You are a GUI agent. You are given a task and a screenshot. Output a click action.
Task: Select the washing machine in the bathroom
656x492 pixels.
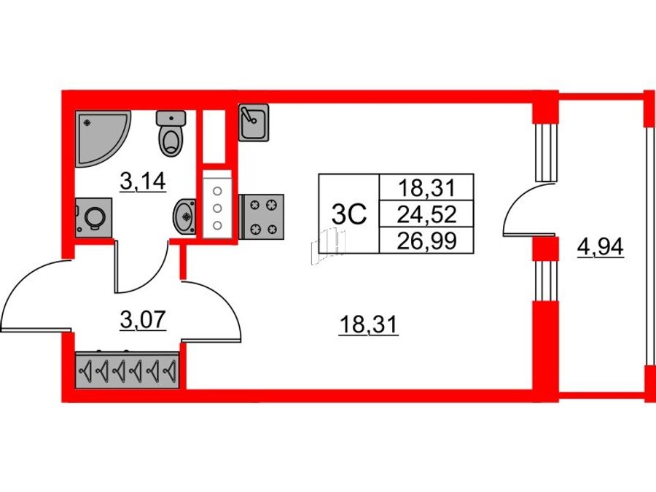coord(94,217)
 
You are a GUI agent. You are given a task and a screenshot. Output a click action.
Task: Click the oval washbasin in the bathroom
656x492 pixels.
coord(184,216)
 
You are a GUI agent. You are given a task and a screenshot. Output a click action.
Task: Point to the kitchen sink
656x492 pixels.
coord(254,122)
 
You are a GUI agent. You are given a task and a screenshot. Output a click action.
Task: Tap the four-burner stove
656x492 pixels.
coord(262,216)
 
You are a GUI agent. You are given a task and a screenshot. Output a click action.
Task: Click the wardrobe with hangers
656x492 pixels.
coord(128,370)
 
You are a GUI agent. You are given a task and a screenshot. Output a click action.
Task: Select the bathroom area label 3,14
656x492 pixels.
coord(143,181)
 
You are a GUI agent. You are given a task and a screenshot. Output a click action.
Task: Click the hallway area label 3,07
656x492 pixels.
coord(143,320)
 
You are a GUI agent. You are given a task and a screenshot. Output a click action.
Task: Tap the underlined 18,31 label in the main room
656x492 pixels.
coord(368,324)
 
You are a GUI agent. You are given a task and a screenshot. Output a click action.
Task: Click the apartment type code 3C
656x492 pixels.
coord(349,214)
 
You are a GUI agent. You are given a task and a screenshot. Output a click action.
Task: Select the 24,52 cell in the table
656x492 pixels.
coord(426,214)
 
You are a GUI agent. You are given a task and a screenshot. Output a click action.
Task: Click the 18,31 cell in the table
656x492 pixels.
coord(426,187)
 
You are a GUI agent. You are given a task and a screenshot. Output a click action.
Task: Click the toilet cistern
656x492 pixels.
coord(171,118)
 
